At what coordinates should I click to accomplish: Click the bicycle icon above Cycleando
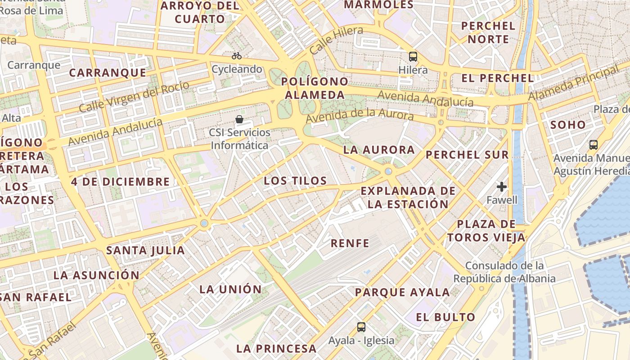click(237, 56)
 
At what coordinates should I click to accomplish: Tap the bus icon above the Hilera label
click(413, 57)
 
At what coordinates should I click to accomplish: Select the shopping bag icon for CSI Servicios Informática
click(239, 119)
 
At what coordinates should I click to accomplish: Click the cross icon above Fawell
click(502, 187)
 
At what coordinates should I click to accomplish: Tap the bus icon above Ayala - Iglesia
click(361, 327)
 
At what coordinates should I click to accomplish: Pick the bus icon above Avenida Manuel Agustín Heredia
click(594, 145)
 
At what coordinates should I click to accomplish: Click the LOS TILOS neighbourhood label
click(295, 181)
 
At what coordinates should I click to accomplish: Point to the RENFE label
click(350, 243)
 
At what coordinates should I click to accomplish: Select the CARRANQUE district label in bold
click(108, 73)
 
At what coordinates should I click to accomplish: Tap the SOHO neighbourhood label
click(568, 125)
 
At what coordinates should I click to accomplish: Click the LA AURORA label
click(379, 150)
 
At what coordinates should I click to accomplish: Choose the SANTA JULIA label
click(145, 251)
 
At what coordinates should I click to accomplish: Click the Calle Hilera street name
click(336, 40)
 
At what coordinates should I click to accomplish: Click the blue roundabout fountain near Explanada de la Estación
click(388, 171)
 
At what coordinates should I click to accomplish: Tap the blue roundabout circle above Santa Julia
click(204, 223)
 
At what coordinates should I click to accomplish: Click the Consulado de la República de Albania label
click(504, 272)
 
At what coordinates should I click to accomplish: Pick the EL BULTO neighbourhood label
click(445, 317)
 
